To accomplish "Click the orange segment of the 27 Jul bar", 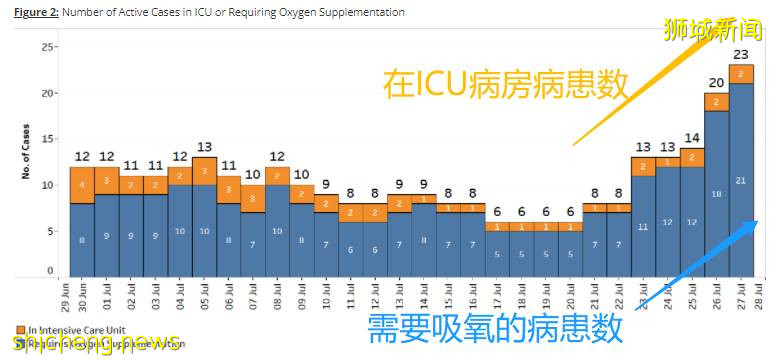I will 741,74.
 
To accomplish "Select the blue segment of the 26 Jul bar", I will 715,193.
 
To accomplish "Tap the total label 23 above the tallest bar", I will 741,55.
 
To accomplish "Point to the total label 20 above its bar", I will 716,83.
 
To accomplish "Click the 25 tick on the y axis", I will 48,47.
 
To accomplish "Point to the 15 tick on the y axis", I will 48,139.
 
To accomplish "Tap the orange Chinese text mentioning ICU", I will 505,84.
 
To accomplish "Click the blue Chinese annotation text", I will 495,329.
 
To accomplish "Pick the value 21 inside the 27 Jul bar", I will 741,180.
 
